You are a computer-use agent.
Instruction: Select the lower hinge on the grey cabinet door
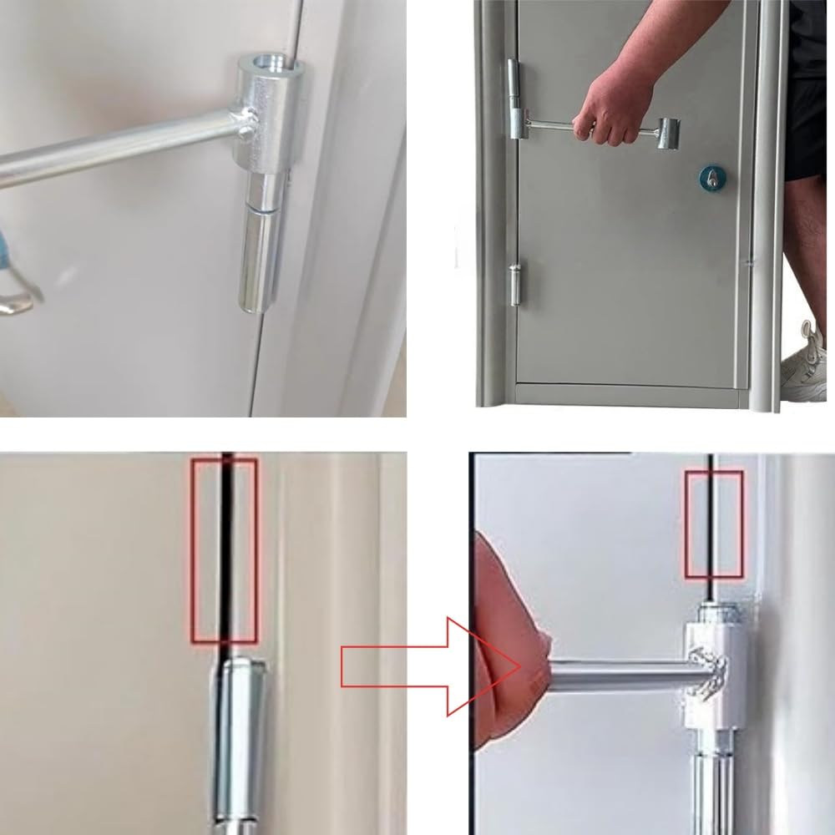(517, 283)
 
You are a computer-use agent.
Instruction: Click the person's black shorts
(806, 125)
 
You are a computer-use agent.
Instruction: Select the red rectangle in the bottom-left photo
(224, 549)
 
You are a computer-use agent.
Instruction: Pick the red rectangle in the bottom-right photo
(714, 524)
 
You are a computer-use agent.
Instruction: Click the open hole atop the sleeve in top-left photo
(268, 63)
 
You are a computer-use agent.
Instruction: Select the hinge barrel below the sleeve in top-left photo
(262, 242)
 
